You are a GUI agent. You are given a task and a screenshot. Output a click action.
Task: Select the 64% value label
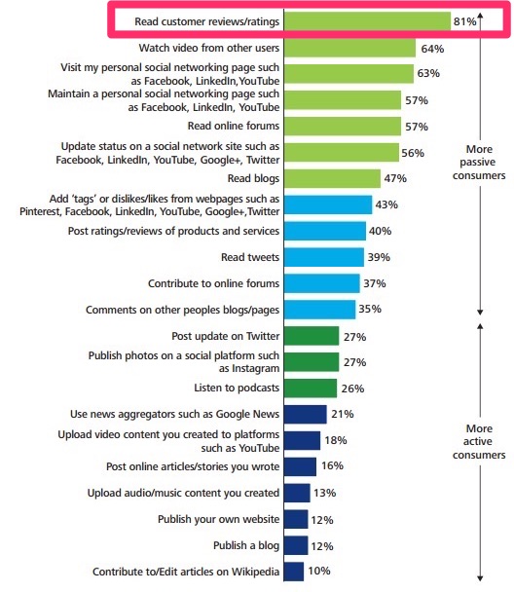click(431, 47)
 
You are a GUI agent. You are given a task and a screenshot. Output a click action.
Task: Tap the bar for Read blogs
click(332, 177)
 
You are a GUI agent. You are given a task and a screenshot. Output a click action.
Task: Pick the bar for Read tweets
click(324, 256)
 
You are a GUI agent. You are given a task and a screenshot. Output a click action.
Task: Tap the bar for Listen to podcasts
click(311, 388)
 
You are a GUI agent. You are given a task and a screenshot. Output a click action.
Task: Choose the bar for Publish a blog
click(296, 545)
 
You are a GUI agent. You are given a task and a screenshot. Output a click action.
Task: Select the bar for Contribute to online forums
click(323, 282)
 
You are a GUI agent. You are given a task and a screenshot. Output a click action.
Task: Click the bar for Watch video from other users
click(349, 47)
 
